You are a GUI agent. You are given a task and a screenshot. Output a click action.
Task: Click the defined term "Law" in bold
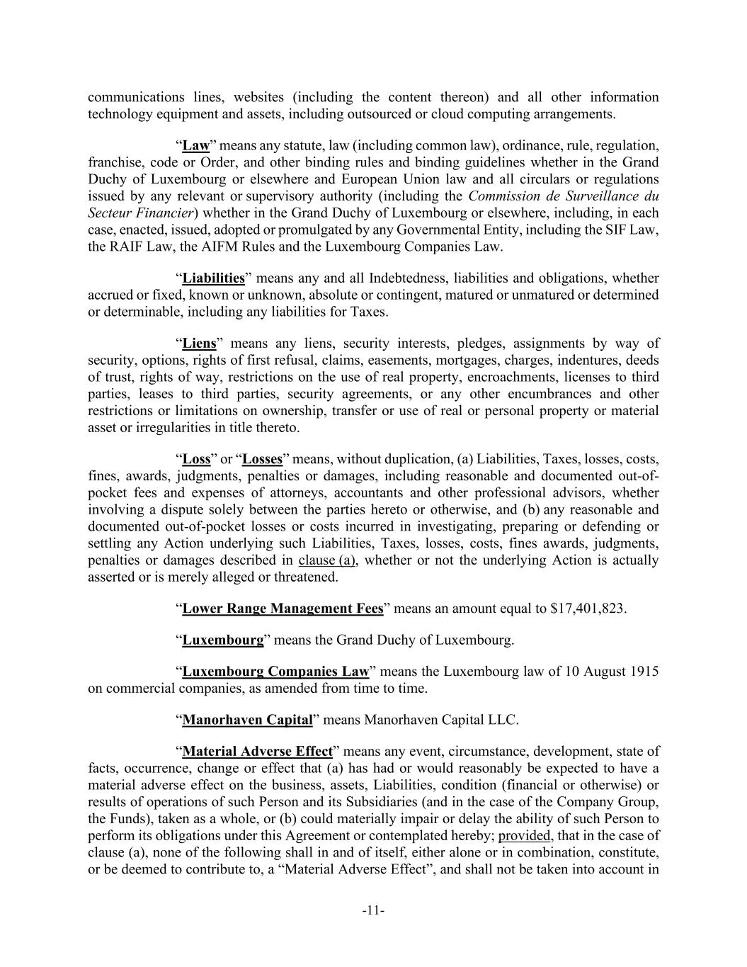(196, 146)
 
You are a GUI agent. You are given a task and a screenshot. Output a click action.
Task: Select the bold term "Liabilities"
(213, 278)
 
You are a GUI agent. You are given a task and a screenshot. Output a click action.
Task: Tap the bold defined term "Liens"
(199, 344)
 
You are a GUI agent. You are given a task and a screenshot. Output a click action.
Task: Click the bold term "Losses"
(262, 459)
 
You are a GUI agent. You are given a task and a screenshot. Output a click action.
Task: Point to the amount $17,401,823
(588, 609)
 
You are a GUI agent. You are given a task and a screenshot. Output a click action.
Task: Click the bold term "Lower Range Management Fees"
(283, 609)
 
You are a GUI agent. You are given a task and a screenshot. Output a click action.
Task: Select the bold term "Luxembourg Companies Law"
(275, 672)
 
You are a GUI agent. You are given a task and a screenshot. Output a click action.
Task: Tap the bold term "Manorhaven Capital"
(247, 720)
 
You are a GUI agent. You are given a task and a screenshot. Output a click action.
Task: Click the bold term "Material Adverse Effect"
(257, 751)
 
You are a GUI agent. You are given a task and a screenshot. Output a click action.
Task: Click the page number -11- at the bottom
(373, 910)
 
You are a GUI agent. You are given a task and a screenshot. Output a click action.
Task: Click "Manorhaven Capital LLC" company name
(440, 720)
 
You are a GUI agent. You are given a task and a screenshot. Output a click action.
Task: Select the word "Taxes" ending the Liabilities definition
(368, 312)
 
